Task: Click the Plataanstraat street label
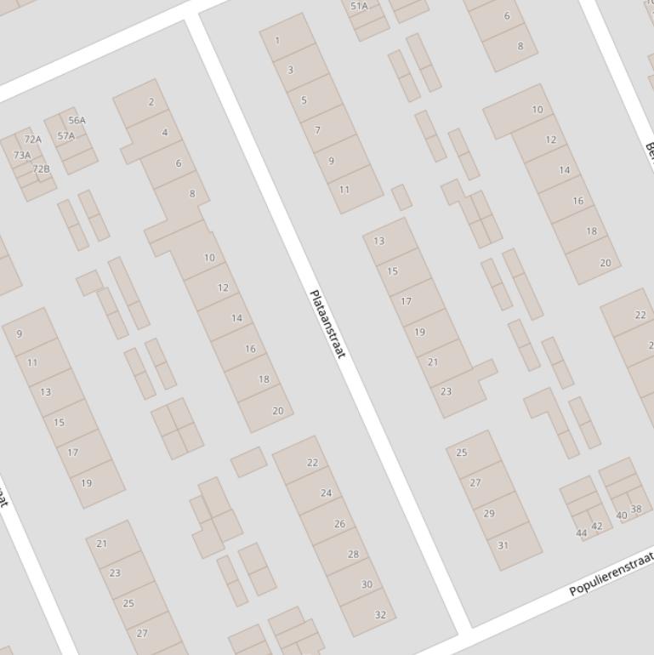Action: [327, 324]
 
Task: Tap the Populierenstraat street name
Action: [611, 573]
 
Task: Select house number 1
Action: [277, 40]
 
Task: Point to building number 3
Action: [290, 70]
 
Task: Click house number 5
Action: [304, 100]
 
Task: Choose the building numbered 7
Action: [317, 130]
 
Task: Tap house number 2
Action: [151, 102]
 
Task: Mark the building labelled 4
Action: [165, 132]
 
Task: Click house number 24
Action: [326, 493]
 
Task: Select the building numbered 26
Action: [339, 523]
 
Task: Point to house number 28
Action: [353, 554]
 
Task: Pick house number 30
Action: [367, 584]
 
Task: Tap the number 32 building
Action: [380, 614]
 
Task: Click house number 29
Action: [489, 513]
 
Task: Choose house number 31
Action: [503, 545]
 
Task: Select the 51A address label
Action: [359, 7]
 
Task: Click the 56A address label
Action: [77, 120]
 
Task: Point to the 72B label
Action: [41, 168]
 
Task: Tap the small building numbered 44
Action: [582, 533]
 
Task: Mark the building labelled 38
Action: [636, 510]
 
